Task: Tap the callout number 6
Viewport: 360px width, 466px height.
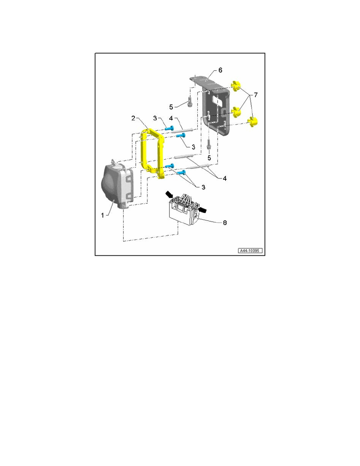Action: coord(220,70)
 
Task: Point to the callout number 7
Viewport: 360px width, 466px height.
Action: coord(256,95)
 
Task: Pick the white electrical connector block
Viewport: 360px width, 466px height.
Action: coord(184,212)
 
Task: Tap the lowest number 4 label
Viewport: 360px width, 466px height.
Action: coord(225,178)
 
